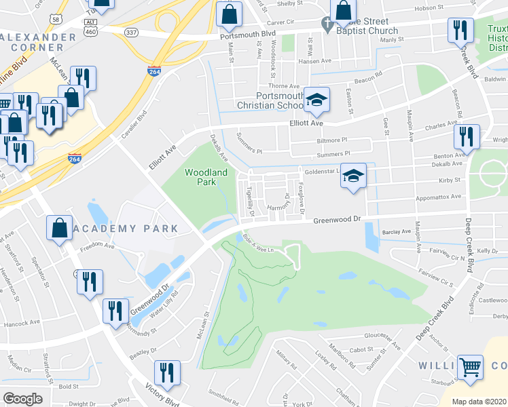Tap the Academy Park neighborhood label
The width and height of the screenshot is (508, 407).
(x=127, y=229)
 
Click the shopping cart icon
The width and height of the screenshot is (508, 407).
(x=470, y=368)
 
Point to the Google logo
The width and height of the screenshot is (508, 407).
(x=22, y=399)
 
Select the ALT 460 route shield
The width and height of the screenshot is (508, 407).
(x=90, y=27)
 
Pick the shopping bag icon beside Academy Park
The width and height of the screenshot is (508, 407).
(x=59, y=229)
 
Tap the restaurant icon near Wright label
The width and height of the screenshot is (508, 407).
(x=467, y=138)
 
